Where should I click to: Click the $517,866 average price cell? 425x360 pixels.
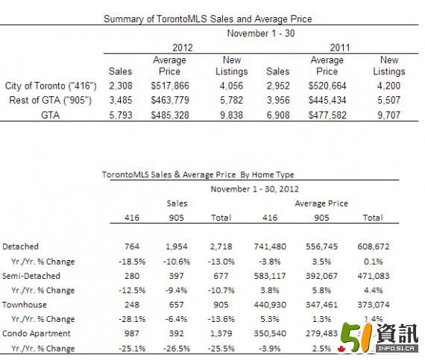[x=170, y=86]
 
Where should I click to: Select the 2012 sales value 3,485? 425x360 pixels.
[x=121, y=100]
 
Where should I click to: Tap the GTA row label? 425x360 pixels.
[x=51, y=115]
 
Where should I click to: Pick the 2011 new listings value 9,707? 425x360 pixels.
[x=389, y=115]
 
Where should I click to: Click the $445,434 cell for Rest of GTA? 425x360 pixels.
[x=327, y=100]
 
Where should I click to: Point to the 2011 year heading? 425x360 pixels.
[x=340, y=48]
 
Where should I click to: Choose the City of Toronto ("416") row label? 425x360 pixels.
[x=51, y=86]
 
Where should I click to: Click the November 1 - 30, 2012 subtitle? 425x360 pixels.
[x=255, y=189]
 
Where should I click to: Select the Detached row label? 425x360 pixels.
[x=20, y=247]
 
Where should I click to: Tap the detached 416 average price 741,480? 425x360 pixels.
[x=270, y=247]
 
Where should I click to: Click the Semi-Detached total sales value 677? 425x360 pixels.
[x=221, y=276]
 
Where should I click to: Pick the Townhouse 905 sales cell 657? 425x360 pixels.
[x=177, y=305]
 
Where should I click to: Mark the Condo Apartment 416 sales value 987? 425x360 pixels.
[x=132, y=333]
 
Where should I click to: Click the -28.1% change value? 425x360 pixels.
[x=132, y=319]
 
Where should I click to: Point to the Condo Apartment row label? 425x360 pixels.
[x=37, y=333]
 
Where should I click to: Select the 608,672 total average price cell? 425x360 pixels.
[x=374, y=247]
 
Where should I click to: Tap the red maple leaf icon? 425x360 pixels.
[x=341, y=349]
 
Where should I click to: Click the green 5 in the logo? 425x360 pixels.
[x=352, y=337]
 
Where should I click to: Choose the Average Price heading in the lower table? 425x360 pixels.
[x=321, y=203]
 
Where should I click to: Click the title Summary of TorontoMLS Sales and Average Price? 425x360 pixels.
[x=207, y=19]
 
